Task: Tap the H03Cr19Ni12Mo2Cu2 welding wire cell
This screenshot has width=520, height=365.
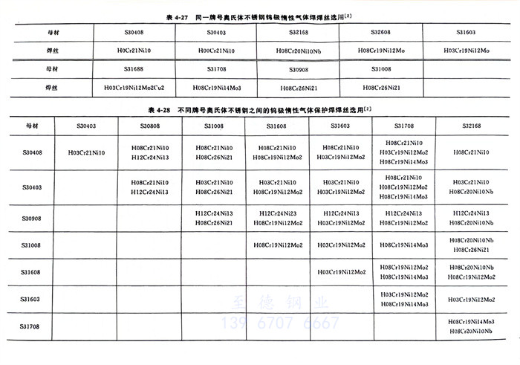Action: (136, 87)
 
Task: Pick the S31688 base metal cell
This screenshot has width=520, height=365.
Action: (136, 69)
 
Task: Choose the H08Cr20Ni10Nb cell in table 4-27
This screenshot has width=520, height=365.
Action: (291, 51)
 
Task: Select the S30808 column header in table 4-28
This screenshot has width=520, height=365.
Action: (149, 126)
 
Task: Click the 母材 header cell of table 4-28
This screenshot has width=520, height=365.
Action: (31, 126)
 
